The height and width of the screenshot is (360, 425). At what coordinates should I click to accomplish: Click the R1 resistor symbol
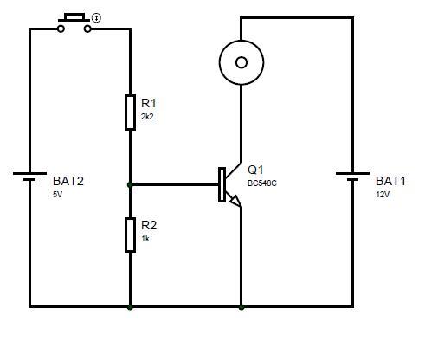[x=130, y=112]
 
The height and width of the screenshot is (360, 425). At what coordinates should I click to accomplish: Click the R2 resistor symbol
[x=130, y=235]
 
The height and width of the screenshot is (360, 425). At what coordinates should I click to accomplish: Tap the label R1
[x=149, y=103]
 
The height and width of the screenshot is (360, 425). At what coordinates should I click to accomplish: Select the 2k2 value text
[x=147, y=117]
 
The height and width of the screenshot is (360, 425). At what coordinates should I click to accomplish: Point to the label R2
[x=149, y=225]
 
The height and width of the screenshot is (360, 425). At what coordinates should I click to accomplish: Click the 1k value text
[x=145, y=239]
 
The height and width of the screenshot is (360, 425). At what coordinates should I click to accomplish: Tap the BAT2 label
[x=68, y=181]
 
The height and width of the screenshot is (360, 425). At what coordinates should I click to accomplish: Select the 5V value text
[x=57, y=195]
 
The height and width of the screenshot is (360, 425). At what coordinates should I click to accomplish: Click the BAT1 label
[x=390, y=181]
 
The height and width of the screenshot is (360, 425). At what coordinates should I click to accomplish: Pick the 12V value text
[x=383, y=195]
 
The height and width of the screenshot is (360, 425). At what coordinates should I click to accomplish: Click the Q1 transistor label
[x=255, y=170]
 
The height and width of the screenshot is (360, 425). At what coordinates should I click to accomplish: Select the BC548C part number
[x=262, y=183]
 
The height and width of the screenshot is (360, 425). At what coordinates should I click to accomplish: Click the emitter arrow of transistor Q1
[x=235, y=201]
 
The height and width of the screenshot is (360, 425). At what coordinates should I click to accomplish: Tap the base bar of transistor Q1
[x=222, y=184]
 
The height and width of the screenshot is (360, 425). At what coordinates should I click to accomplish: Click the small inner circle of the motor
[x=241, y=62]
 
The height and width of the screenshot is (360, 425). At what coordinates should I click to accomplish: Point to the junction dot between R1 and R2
[x=130, y=184]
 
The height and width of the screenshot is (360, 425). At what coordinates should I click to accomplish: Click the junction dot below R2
[x=130, y=307]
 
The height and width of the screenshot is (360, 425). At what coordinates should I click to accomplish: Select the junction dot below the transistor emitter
[x=241, y=307]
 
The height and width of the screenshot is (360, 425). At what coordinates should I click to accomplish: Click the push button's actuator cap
[x=74, y=18]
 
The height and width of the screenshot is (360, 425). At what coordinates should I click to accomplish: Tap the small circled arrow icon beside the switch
[x=96, y=18]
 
